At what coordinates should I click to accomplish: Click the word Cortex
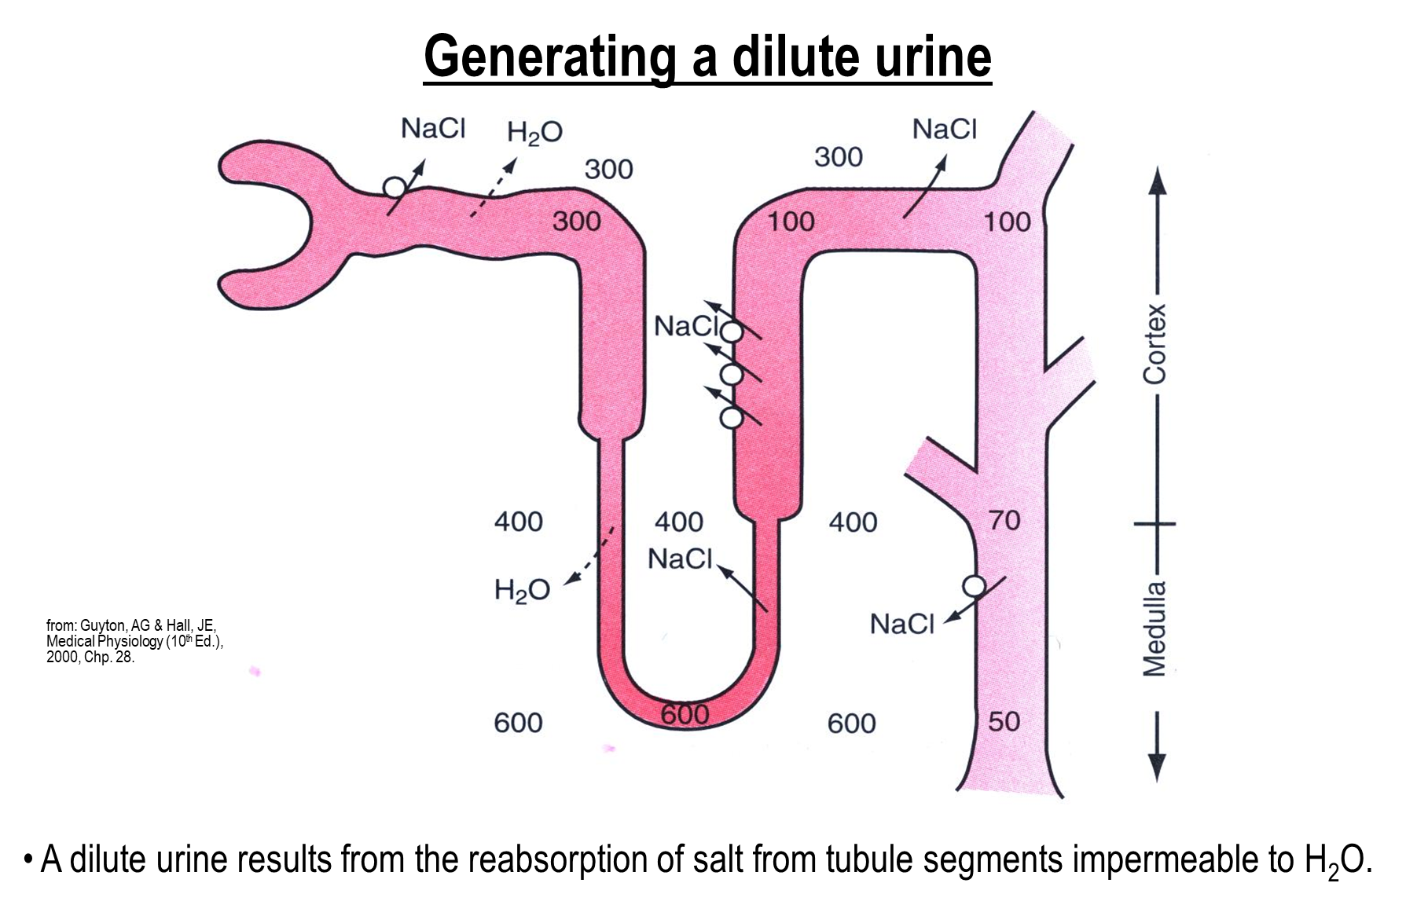point(1155,344)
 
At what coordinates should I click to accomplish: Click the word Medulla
point(1155,629)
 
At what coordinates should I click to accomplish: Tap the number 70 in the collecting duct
point(1004,520)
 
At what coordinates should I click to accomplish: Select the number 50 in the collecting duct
point(1004,721)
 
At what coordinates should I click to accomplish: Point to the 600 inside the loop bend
point(685,714)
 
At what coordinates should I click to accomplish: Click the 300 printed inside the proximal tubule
point(576,222)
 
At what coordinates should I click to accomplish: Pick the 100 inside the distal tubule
point(791,222)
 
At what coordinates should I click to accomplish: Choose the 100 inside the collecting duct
point(1007,222)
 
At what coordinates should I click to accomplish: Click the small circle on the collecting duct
point(974,586)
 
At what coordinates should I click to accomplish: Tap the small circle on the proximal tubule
point(395,187)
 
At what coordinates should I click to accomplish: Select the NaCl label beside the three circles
point(686,326)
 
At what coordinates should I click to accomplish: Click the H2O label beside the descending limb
point(522,590)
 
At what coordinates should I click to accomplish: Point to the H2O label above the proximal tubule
point(534,132)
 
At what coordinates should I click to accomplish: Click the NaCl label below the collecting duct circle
point(901,625)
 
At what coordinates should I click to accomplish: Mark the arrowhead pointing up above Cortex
point(1156,181)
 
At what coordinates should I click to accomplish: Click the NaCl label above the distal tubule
point(944,129)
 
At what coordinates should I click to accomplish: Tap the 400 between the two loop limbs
point(679,522)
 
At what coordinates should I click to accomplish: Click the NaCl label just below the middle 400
point(680,559)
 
